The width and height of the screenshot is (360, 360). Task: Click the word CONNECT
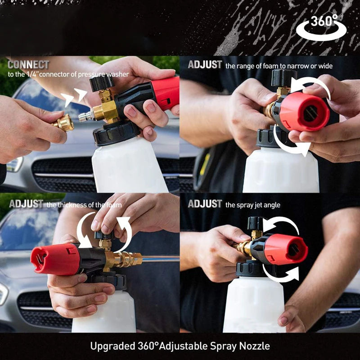(28, 65)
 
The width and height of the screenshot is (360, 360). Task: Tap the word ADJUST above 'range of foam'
(205, 65)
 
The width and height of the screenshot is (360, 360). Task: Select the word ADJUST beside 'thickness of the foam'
(26, 204)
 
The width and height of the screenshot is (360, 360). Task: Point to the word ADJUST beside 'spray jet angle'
(205, 204)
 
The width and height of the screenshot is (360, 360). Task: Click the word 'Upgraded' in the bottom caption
(111, 346)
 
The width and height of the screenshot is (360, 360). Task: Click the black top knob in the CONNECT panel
(102, 82)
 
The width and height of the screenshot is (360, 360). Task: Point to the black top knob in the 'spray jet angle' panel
(256, 223)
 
